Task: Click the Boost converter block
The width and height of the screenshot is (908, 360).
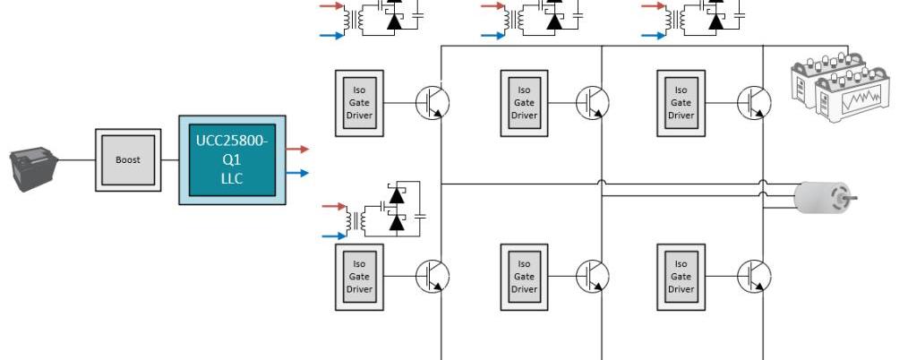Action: (x=128, y=159)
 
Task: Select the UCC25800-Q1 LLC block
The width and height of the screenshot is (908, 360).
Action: (x=232, y=159)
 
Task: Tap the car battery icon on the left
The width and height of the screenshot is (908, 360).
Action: (x=34, y=169)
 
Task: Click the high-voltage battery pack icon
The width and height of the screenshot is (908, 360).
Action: (x=840, y=87)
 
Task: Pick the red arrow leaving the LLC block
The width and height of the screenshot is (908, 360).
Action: (x=297, y=150)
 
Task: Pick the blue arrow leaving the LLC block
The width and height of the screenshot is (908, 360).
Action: (x=297, y=173)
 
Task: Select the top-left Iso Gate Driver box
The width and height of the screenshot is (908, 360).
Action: (x=359, y=103)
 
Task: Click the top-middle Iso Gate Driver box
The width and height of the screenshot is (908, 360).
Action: (x=524, y=103)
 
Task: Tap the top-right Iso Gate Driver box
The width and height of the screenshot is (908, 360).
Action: (x=681, y=103)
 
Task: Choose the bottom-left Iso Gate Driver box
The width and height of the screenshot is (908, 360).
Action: (x=359, y=277)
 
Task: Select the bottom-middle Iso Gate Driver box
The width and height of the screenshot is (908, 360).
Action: (x=524, y=277)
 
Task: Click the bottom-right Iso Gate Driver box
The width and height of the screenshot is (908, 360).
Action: (x=681, y=277)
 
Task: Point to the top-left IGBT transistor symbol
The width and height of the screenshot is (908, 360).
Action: (x=433, y=103)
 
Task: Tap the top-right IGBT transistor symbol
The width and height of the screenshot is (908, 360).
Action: (x=754, y=103)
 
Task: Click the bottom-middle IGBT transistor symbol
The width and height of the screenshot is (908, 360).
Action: (x=593, y=276)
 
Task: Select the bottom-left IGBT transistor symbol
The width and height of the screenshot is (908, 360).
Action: (x=433, y=276)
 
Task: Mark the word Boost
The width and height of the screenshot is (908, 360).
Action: (x=128, y=159)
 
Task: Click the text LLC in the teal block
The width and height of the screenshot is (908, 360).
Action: (x=232, y=178)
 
